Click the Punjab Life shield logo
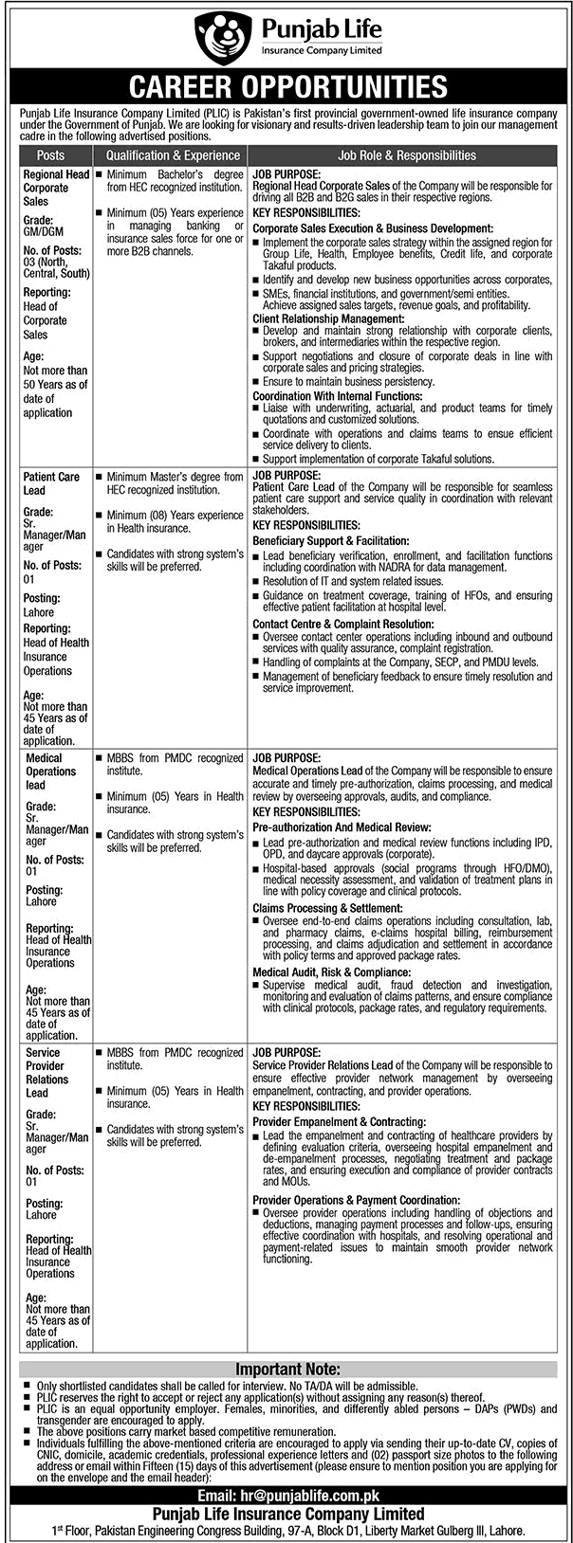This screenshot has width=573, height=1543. pyautogui.click(x=220, y=37)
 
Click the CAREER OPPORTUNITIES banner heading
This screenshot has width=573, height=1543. pyautogui.click(x=286, y=88)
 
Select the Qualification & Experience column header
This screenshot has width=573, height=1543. pyautogui.click(x=173, y=155)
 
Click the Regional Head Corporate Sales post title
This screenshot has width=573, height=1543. pyautogui.click(x=56, y=188)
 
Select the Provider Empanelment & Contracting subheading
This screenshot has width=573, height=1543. pyautogui.click(x=340, y=1121)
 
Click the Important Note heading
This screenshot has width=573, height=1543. pyautogui.click(x=286, y=1370)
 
